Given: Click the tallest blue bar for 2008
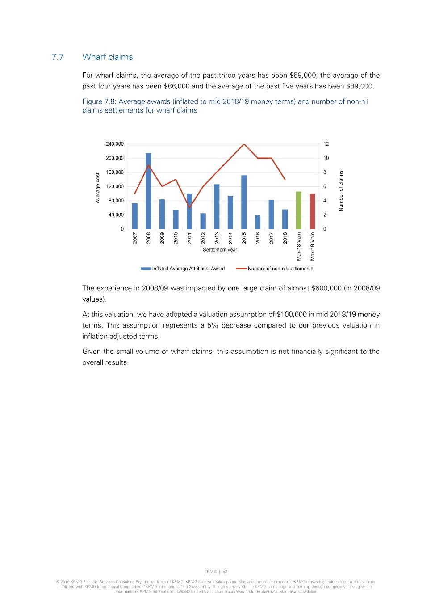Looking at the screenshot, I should tap(148, 191).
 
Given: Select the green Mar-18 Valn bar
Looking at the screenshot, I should tap(299, 210).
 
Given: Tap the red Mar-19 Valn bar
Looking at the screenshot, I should tap(312, 211).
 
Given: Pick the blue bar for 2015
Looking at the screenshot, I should tap(244, 202).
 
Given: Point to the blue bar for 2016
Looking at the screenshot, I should tap(258, 222).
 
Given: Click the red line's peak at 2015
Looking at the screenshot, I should tap(244, 144).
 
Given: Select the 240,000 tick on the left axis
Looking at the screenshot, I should tap(115, 144).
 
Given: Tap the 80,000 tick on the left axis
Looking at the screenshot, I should tap(116, 201).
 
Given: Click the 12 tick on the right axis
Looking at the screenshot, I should tap(326, 144).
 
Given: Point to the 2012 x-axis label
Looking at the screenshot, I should tap(203, 237).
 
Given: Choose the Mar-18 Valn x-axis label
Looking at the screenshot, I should tap(299, 246).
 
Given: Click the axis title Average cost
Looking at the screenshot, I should tap(97, 187).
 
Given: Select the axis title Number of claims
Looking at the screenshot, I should tap(341, 191).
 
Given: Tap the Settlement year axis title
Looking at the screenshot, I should tap(220, 250).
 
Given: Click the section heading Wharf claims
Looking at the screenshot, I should tap(108, 57).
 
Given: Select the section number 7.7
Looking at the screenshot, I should tap(58, 57).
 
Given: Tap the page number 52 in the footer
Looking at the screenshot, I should tap(225, 572).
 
